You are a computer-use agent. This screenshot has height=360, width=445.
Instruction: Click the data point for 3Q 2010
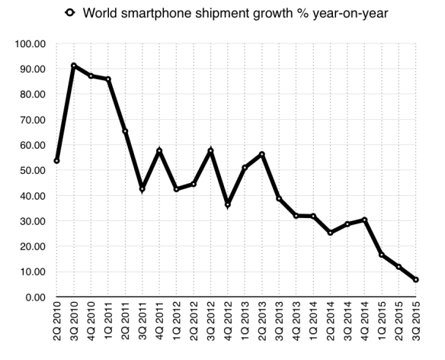(x=74, y=66)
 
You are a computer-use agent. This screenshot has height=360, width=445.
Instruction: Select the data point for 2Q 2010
(x=57, y=161)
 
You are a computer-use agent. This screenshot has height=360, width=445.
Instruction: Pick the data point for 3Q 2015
(x=415, y=280)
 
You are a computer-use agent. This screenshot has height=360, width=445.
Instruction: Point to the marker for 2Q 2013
(x=262, y=155)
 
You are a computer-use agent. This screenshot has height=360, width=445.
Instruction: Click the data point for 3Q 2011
(x=142, y=189)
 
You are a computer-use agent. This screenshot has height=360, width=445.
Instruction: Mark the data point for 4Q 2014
(x=364, y=220)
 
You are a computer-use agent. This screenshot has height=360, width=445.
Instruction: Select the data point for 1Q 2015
(x=381, y=255)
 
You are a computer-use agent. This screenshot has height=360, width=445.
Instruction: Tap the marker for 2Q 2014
(x=330, y=233)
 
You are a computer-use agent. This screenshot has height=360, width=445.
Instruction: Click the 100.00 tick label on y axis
(x=29, y=44)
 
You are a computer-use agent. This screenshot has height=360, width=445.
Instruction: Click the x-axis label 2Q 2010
(x=57, y=326)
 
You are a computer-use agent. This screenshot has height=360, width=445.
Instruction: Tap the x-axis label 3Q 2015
(x=415, y=326)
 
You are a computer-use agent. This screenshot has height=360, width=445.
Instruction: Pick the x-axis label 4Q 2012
(x=228, y=326)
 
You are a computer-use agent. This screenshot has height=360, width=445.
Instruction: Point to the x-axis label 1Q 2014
(x=313, y=326)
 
